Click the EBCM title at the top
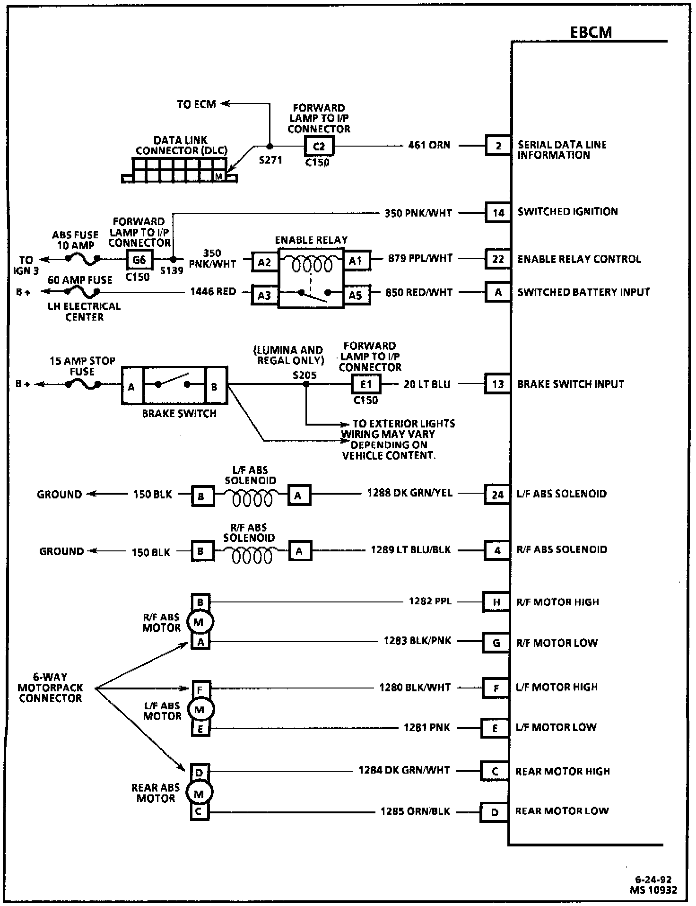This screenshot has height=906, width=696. pos(591,32)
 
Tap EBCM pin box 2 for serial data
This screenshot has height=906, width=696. pos(498,146)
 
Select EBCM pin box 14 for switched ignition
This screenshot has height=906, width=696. pos(498,212)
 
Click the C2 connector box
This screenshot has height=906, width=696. pos(319,146)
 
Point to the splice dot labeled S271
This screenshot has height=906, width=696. pos(270,146)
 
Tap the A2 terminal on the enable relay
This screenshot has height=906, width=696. pos(264,261)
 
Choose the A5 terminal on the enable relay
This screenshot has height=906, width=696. pos(355,295)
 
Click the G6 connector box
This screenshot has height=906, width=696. pos(139,259)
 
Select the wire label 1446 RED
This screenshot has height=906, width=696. pos(213,292)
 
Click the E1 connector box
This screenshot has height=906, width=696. pos(366,384)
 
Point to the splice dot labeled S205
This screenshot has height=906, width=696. pos(306,384)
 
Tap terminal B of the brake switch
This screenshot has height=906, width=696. pos(215,386)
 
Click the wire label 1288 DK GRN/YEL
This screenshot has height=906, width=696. pos(409,493)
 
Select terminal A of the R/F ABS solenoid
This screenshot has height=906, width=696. pos(299,551)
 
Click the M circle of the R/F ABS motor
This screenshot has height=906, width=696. pos(199,622)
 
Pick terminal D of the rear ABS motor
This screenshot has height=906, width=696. pos(199,773)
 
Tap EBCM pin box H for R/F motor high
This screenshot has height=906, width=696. pos(496,602)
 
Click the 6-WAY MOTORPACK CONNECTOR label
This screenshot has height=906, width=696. pos(50,687)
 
